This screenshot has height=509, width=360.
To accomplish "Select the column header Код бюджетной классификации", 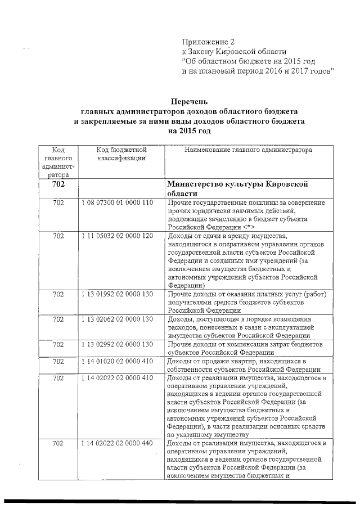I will point(121,154).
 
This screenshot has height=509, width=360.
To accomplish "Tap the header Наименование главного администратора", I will point(247,150).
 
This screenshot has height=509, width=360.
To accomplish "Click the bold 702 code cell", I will point(58,184).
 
